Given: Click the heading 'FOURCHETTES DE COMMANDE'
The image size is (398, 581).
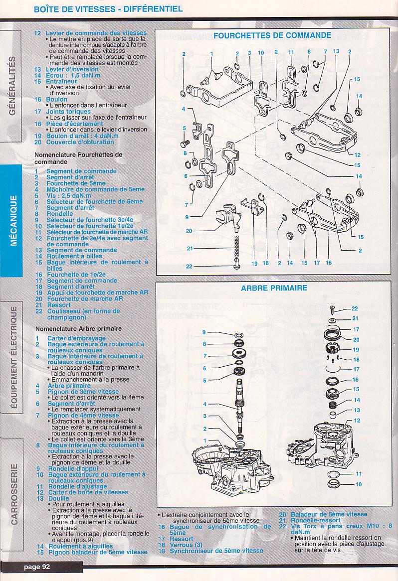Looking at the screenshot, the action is pos(272,35).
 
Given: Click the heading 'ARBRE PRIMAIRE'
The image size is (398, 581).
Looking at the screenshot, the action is pos(274,288).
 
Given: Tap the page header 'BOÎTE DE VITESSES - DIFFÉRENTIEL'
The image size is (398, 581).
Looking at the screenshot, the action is pos(108,9).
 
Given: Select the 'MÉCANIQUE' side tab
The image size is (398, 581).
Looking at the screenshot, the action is pos(14,220).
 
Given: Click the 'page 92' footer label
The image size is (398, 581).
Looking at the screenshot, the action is pos(37,567).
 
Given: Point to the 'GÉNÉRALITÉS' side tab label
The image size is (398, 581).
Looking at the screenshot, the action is pos(12,86).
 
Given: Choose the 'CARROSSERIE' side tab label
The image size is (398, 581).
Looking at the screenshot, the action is pos(14,494).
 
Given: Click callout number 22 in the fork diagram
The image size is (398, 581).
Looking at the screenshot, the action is pos(189,266).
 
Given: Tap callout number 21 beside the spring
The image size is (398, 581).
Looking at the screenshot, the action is pos(190,248).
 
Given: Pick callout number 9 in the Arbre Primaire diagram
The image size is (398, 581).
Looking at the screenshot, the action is pos(204,332).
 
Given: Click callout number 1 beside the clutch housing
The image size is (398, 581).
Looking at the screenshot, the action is pos(204,440).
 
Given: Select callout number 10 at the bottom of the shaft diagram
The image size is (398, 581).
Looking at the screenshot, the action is pos(359,484).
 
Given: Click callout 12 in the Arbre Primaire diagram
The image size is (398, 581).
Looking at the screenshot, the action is pos(357,421).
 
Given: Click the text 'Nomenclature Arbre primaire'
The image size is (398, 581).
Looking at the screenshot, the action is pos(78,329).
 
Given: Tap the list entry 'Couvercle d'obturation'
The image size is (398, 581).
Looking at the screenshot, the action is pos(80,142).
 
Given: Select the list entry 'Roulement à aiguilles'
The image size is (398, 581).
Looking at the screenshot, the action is pos(80,546).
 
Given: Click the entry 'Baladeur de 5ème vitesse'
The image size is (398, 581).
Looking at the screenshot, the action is pos(329,514).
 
